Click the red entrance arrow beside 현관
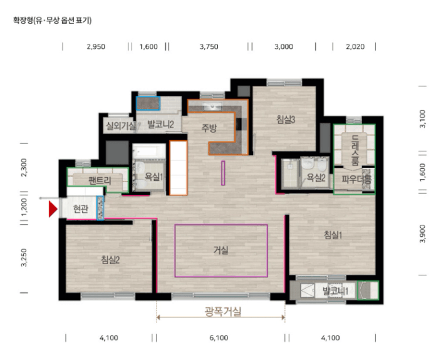53,209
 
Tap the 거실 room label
221,250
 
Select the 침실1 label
333,235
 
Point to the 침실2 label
110,259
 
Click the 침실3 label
286,120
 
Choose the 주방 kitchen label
209,128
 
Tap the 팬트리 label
100,180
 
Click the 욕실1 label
153,177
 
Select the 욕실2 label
316,178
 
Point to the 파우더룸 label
356,179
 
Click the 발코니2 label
160,124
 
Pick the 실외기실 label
121,125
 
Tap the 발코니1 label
335,291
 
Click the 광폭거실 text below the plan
223,311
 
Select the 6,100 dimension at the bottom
219,338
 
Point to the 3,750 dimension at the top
209,46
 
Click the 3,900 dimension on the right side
423,234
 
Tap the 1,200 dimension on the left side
24,207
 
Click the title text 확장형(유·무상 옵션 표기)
53,21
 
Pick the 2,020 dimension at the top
355,46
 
